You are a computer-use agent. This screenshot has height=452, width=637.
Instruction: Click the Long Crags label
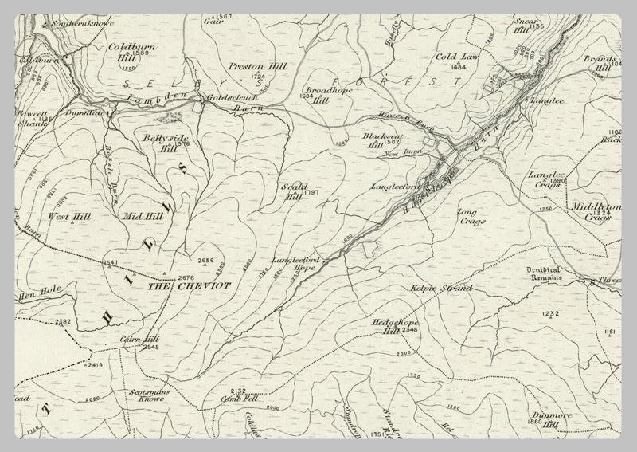(x=467, y=218)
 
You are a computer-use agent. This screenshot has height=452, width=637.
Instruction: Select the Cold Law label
(x=456, y=57)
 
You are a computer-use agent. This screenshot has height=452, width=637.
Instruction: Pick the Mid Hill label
(x=143, y=215)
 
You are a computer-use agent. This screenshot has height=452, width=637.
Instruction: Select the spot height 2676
(x=186, y=277)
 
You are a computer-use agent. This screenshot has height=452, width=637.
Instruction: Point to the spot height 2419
(x=95, y=364)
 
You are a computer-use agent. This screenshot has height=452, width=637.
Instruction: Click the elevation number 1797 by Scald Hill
(x=311, y=193)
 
